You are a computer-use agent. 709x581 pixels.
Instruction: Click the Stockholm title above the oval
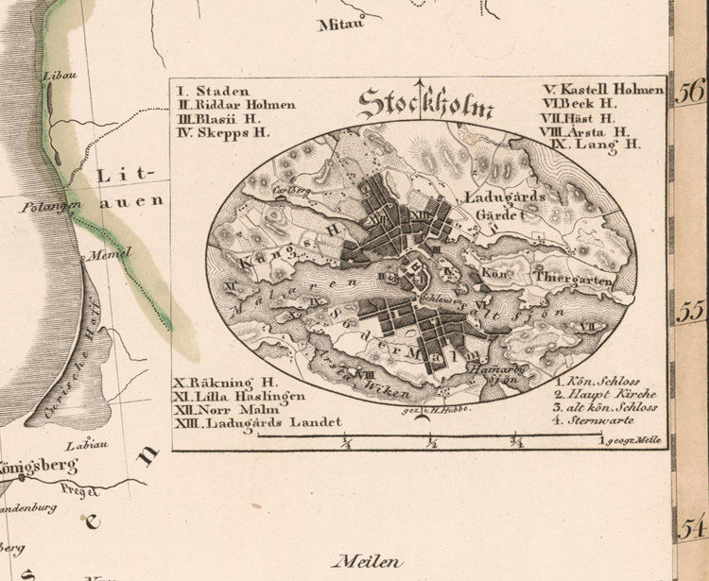(x=425, y=102)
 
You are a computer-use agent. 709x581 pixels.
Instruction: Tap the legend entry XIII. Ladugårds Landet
(x=257, y=423)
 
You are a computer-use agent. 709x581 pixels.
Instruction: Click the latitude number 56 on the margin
(x=692, y=92)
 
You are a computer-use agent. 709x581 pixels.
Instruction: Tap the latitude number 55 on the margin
(x=693, y=310)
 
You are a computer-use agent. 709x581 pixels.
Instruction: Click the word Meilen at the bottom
(x=367, y=561)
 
